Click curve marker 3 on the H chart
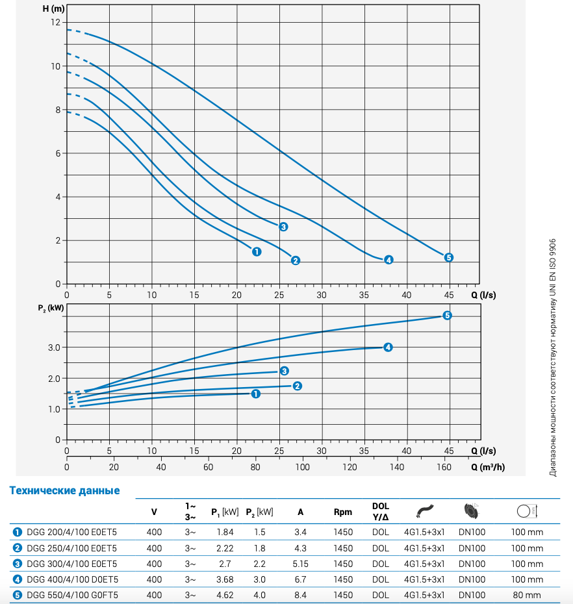(x=283, y=227)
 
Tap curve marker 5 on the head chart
(x=448, y=257)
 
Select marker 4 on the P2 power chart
(x=387, y=347)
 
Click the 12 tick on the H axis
(x=56, y=22)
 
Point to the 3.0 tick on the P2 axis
(x=53, y=347)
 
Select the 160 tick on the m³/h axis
(x=444, y=467)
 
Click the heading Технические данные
(x=64, y=490)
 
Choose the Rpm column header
(x=343, y=512)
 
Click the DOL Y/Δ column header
(x=381, y=511)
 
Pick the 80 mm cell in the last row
(x=527, y=595)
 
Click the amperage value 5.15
(x=300, y=564)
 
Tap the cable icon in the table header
(x=425, y=510)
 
